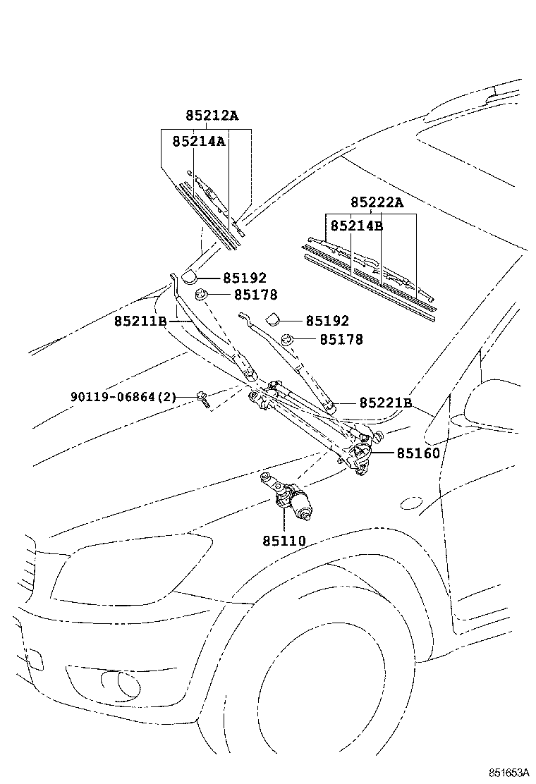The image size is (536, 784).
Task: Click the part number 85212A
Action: click(212, 116)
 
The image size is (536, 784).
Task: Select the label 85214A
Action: click(198, 141)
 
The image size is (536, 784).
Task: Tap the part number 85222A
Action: click(377, 203)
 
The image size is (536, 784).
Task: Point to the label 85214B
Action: click(357, 226)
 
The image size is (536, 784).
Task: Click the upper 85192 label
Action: click(245, 278)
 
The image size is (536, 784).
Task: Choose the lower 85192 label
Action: click(327, 321)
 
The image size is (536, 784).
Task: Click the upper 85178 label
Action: click(256, 295)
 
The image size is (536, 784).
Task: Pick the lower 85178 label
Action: click(341, 340)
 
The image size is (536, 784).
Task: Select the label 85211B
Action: click(140, 321)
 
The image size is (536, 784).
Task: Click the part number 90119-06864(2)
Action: click(123, 398)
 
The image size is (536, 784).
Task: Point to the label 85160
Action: click(418, 453)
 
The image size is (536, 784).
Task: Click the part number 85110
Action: click(284, 541)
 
